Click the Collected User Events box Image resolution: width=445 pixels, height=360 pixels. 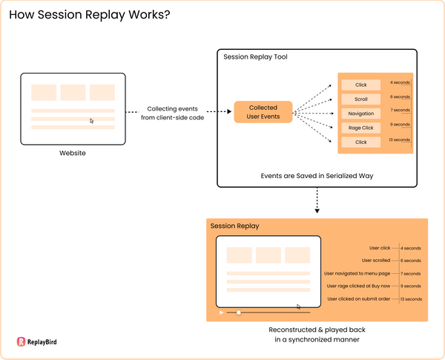tap(263, 112)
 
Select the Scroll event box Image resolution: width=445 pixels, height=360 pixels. tap(360, 99)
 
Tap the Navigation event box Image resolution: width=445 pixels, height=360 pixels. tap(360, 114)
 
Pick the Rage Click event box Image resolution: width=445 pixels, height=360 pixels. tap(360, 128)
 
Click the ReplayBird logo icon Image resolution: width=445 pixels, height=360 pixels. tap(22, 342)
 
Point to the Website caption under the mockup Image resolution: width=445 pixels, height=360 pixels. tap(73, 153)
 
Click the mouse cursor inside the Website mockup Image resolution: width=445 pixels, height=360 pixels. tap(92, 120)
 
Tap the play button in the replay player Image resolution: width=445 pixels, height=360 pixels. tap(221, 312)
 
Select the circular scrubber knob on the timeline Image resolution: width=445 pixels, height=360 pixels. tap(239, 312)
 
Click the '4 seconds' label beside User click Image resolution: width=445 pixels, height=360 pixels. tap(412, 248)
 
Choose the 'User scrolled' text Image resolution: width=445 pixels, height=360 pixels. tap(376, 261)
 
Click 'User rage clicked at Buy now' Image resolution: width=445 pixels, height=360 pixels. tap(358, 286)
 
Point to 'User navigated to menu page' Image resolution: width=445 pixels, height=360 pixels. tap(358, 273)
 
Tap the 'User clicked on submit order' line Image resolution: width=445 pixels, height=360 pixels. tap(359, 298)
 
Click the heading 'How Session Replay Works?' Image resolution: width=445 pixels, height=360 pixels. tap(88, 15)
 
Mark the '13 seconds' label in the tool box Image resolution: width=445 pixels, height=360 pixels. tap(400, 140)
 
